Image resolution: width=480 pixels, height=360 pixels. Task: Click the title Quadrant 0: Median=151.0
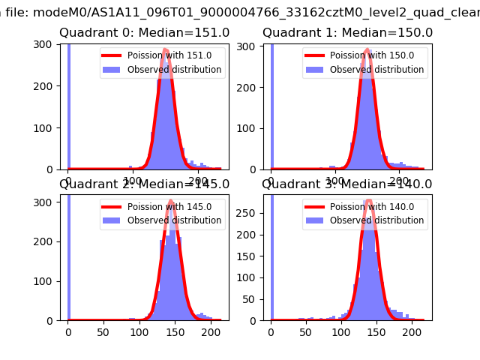point(144,33)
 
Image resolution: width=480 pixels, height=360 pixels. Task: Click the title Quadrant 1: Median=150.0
point(347,33)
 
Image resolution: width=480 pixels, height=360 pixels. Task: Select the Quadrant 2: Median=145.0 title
point(144,184)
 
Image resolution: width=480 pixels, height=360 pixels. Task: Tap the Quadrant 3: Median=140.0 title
point(347,184)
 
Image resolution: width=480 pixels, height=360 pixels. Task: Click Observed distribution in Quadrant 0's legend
point(174,70)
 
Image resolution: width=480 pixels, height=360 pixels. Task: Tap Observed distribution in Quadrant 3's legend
point(376,220)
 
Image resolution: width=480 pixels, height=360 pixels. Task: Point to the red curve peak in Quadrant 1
point(367,50)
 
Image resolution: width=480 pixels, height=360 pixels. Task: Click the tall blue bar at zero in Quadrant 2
point(69,255)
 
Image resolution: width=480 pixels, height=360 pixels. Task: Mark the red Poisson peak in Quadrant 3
point(368,201)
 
